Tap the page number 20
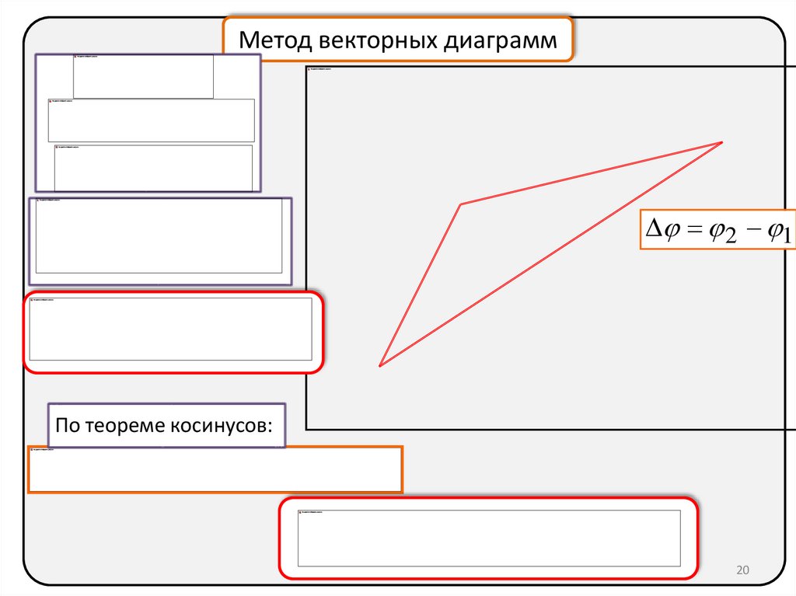742,571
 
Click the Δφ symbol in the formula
661,230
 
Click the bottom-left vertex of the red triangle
380,365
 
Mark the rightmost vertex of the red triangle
722,142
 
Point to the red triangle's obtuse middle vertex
461,204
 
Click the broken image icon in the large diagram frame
310,71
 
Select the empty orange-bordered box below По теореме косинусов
215,469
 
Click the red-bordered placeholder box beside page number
489,538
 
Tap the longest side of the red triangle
551,254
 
